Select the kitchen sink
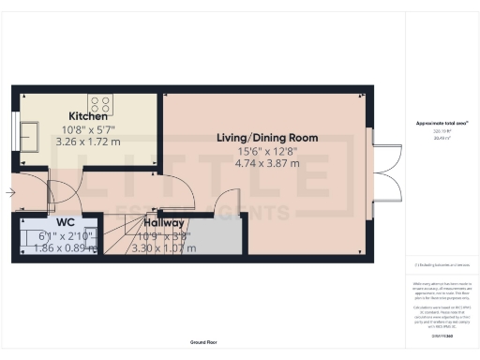pyautogui.click(x=29, y=140)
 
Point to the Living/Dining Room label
pyautogui.click(x=267, y=138)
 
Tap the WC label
pyautogui.click(x=66, y=223)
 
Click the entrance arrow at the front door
pyautogui.click(x=9, y=193)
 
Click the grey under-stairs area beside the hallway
pyautogui.click(x=221, y=238)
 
